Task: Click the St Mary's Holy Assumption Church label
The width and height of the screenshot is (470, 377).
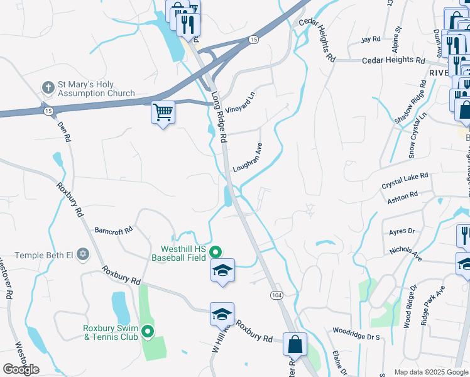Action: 96,89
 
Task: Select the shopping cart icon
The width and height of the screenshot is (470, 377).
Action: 163,113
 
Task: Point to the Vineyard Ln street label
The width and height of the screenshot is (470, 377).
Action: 240,99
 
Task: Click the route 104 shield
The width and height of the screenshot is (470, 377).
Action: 276,294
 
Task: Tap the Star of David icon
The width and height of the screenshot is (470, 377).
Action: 84,256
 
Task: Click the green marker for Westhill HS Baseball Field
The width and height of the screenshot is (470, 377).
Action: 216,253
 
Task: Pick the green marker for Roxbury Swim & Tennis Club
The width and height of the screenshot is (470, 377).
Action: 148,332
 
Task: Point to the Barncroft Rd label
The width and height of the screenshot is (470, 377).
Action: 114,231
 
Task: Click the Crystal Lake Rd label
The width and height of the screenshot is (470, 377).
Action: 405,182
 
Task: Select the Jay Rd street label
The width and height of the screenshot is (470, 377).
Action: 371,39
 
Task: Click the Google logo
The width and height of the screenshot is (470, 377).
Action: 21,369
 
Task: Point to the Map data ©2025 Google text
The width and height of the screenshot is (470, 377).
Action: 430,372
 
